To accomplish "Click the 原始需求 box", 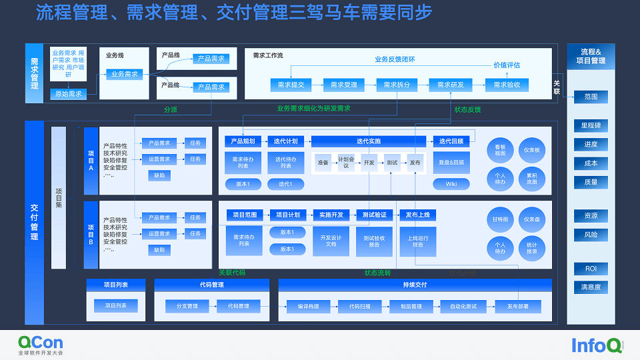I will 68,93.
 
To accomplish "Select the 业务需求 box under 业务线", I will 125,74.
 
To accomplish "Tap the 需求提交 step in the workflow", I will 291,85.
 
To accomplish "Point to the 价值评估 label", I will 507,65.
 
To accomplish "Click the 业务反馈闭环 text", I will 395,59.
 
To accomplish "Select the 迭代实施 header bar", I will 369,141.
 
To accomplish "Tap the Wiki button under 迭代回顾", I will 451,184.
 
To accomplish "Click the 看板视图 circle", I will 500,150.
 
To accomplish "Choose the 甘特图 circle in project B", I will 500,219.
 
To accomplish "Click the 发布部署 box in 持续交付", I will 517,307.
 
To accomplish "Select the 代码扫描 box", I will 359,307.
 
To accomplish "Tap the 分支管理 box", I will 187,307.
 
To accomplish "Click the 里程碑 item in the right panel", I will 591,125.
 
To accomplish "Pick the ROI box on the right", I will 591,269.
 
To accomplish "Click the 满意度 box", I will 591,287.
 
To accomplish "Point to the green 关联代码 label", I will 232,272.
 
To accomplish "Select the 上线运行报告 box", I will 418,241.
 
